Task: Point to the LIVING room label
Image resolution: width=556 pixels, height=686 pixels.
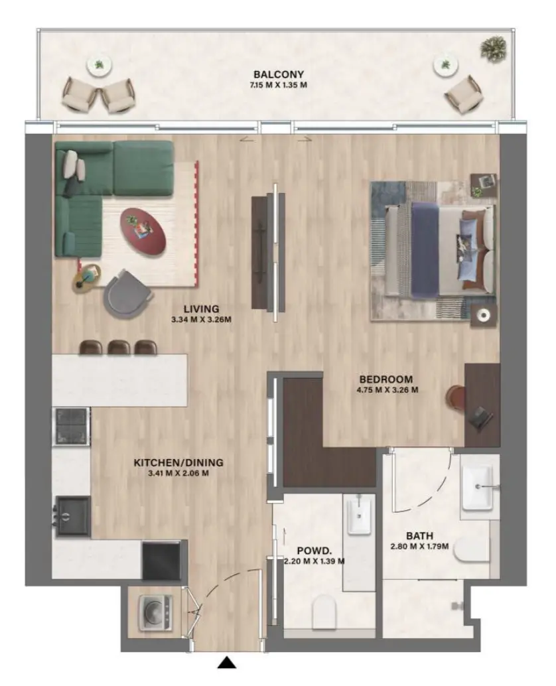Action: coord(201,309)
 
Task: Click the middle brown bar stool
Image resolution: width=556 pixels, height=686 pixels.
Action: coord(118,347)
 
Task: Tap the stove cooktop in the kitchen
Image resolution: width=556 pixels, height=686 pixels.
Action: coord(71,427)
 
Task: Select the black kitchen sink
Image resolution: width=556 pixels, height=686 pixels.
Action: coord(72,515)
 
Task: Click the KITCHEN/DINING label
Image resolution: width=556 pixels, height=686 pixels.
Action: coord(178,462)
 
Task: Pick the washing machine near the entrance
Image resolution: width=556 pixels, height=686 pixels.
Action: coord(155,613)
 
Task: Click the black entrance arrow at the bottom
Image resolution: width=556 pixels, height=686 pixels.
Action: coord(228,661)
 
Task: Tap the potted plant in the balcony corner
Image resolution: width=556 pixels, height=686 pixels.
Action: coord(493,48)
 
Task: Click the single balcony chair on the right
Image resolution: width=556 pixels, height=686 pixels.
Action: coord(462,93)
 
